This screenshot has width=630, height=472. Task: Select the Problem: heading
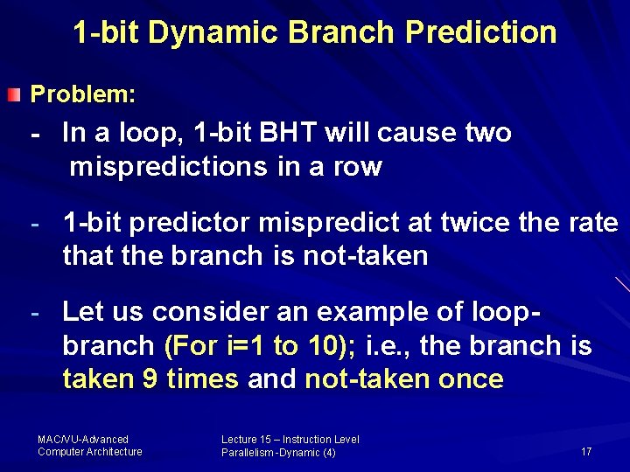(x=83, y=93)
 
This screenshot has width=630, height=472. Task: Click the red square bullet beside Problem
(x=13, y=93)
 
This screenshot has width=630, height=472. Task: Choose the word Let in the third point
(x=83, y=311)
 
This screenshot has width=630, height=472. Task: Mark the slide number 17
(x=585, y=452)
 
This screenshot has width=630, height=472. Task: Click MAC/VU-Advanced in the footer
(x=83, y=439)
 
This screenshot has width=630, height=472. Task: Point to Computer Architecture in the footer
(x=90, y=452)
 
